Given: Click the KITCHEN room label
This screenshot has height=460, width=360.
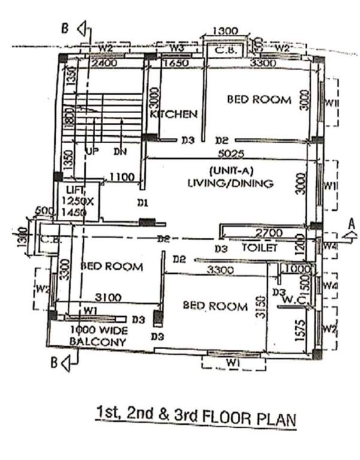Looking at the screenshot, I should pos(174,114).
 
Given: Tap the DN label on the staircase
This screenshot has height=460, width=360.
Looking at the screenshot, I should pos(120,152).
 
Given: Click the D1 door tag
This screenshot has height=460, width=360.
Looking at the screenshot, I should pos(143,204).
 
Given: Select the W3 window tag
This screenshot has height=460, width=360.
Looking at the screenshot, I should pos(176,47).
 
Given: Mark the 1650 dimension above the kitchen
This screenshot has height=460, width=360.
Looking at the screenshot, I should pos(177,62).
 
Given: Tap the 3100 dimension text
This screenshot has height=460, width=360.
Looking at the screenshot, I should pos(108,296).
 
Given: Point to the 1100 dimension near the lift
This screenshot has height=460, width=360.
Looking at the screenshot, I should pos(122,177).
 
